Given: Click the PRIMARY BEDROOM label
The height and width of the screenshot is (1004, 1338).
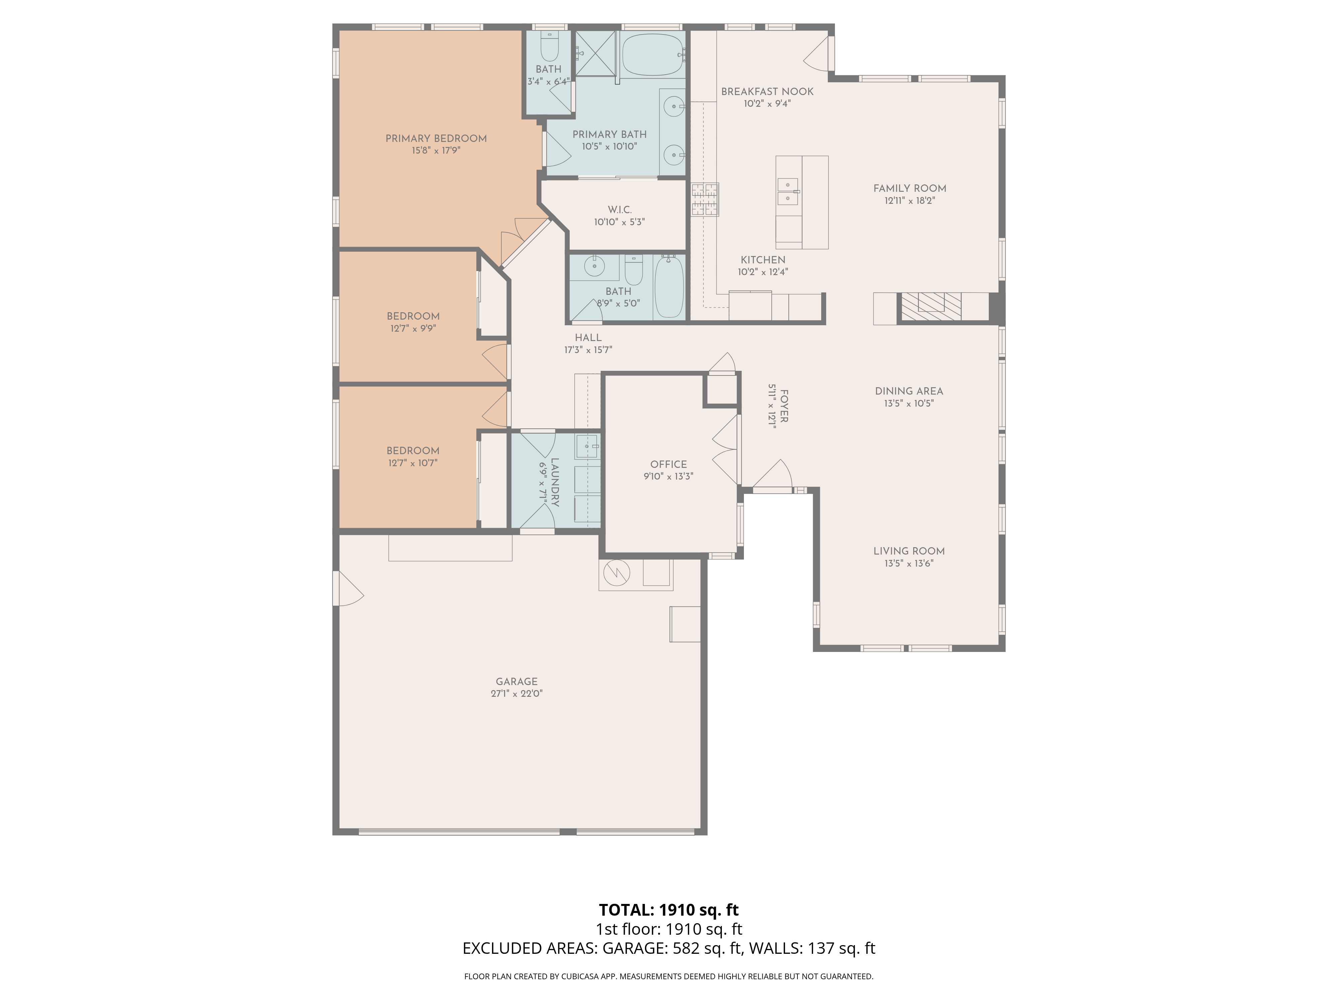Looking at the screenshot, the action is click(436, 139).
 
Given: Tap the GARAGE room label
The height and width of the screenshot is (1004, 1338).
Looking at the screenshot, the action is click(516, 681).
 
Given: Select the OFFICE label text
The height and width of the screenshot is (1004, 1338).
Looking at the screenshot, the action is click(668, 464).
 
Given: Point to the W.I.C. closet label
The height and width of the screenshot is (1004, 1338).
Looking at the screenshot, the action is click(619, 210).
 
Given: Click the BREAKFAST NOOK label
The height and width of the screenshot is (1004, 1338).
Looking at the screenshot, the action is click(767, 91).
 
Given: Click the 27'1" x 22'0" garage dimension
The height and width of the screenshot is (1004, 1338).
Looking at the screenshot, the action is click(516, 693).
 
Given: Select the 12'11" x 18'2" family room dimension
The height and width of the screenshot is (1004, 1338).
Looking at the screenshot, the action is click(910, 200).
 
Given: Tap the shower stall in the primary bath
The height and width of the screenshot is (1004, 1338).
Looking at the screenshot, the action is click(595, 54).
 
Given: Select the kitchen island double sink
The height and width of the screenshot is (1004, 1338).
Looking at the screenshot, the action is click(787, 191).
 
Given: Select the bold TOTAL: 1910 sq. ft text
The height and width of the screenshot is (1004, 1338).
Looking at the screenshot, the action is click(669, 910).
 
